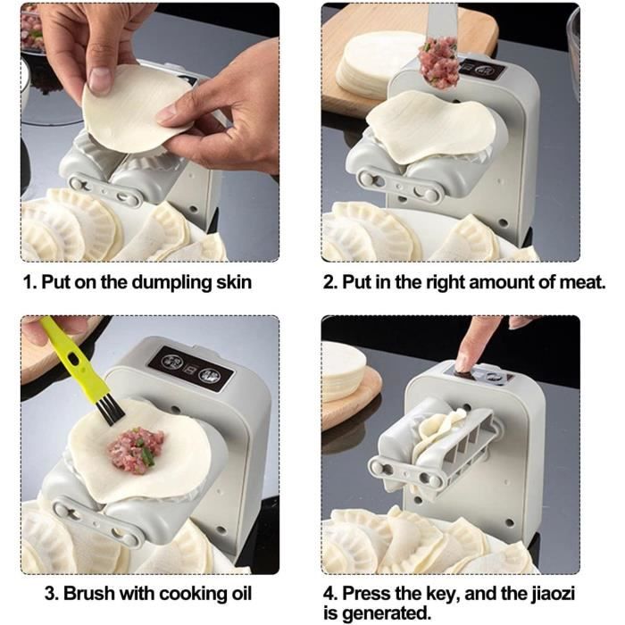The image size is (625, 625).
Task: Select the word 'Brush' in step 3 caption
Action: point(89,593)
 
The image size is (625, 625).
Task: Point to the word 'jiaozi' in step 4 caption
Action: point(554,594)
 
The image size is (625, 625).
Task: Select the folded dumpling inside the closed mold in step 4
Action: point(440,435)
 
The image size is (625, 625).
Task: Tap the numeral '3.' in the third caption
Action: point(52,593)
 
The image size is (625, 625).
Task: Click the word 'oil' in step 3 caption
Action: point(238,593)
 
